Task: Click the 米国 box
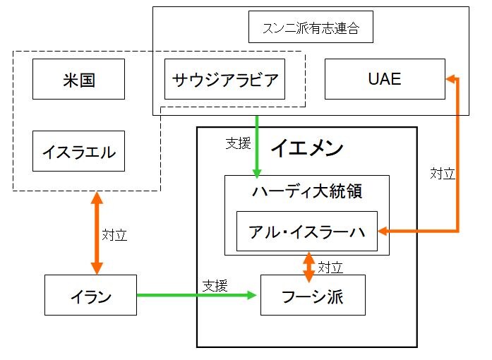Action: (79, 79)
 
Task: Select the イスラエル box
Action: (79, 151)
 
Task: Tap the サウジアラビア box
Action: (224, 79)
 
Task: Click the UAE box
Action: (385, 79)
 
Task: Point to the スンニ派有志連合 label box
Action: (311, 29)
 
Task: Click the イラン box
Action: (89, 295)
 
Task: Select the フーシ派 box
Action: (313, 295)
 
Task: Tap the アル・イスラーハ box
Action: (306, 231)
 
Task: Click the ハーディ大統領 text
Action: (306, 192)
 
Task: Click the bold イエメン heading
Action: (306, 148)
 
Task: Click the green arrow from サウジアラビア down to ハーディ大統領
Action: (257, 145)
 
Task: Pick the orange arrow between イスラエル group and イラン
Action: (97, 233)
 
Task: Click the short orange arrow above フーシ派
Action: (308, 267)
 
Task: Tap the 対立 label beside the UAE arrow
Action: (443, 173)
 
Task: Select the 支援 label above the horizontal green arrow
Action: (215, 285)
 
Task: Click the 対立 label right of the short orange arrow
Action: (330, 268)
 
